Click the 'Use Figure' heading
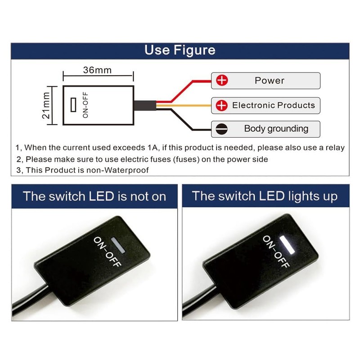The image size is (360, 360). coord(180,49)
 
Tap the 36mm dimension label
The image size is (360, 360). coord(97,70)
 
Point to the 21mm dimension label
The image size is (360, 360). coord(46,105)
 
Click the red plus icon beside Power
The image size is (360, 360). coord(222,81)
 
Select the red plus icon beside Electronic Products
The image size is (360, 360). coord(222,106)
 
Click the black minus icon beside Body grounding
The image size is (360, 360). coord(222,129)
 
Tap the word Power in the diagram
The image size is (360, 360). coord(270,81)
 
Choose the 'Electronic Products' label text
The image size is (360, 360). coord(274,105)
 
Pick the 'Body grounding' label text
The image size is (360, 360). coord(276,129)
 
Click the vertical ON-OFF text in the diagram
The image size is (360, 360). coord(85,105)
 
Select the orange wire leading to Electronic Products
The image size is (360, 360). coord(189,106)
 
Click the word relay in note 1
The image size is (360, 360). coord(335,147)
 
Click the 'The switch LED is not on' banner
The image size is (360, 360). coord(94,196)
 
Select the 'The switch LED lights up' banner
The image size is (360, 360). coord(265,196)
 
